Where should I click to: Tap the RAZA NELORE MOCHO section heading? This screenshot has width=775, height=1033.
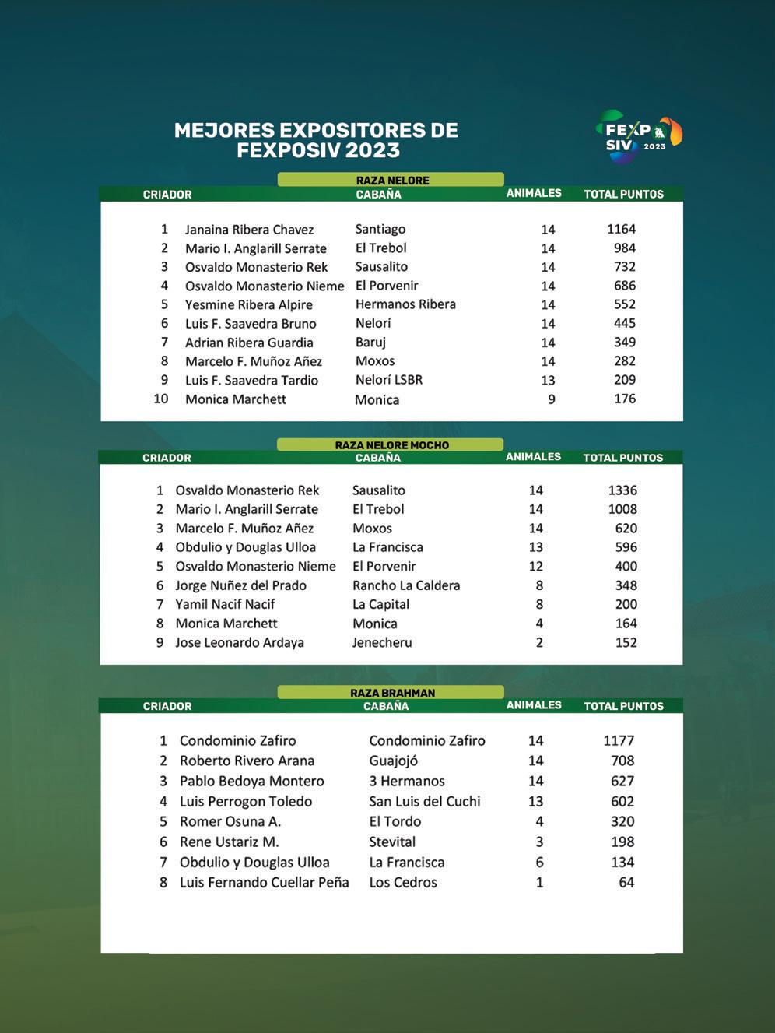tap(391, 445)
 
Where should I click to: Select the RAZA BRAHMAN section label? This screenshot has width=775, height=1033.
tap(392, 693)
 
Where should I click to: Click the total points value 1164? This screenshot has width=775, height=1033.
tap(621, 229)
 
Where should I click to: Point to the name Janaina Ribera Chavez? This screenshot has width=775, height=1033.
tap(249, 230)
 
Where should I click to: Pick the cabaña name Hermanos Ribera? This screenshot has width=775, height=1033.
tap(405, 304)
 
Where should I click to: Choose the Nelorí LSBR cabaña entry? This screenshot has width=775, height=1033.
tap(389, 380)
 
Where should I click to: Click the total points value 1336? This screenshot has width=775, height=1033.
tap(622, 490)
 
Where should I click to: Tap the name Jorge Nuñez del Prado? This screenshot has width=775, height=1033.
tap(240, 585)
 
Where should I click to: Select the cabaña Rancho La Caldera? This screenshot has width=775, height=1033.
tap(406, 585)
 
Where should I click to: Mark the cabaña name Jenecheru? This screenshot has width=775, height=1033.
tap(382, 642)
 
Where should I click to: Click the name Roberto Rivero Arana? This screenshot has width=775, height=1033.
tap(247, 761)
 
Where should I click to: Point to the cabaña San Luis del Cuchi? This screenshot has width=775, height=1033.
tap(424, 801)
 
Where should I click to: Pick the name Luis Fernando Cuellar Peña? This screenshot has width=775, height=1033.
tap(264, 882)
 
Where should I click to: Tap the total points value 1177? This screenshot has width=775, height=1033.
tap(619, 740)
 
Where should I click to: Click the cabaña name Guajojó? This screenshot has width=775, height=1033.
tap(393, 761)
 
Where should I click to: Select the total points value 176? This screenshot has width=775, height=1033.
tap(624, 399)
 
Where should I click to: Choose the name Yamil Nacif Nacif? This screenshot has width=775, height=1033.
tap(225, 604)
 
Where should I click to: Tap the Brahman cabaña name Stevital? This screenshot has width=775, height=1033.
tap(392, 842)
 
